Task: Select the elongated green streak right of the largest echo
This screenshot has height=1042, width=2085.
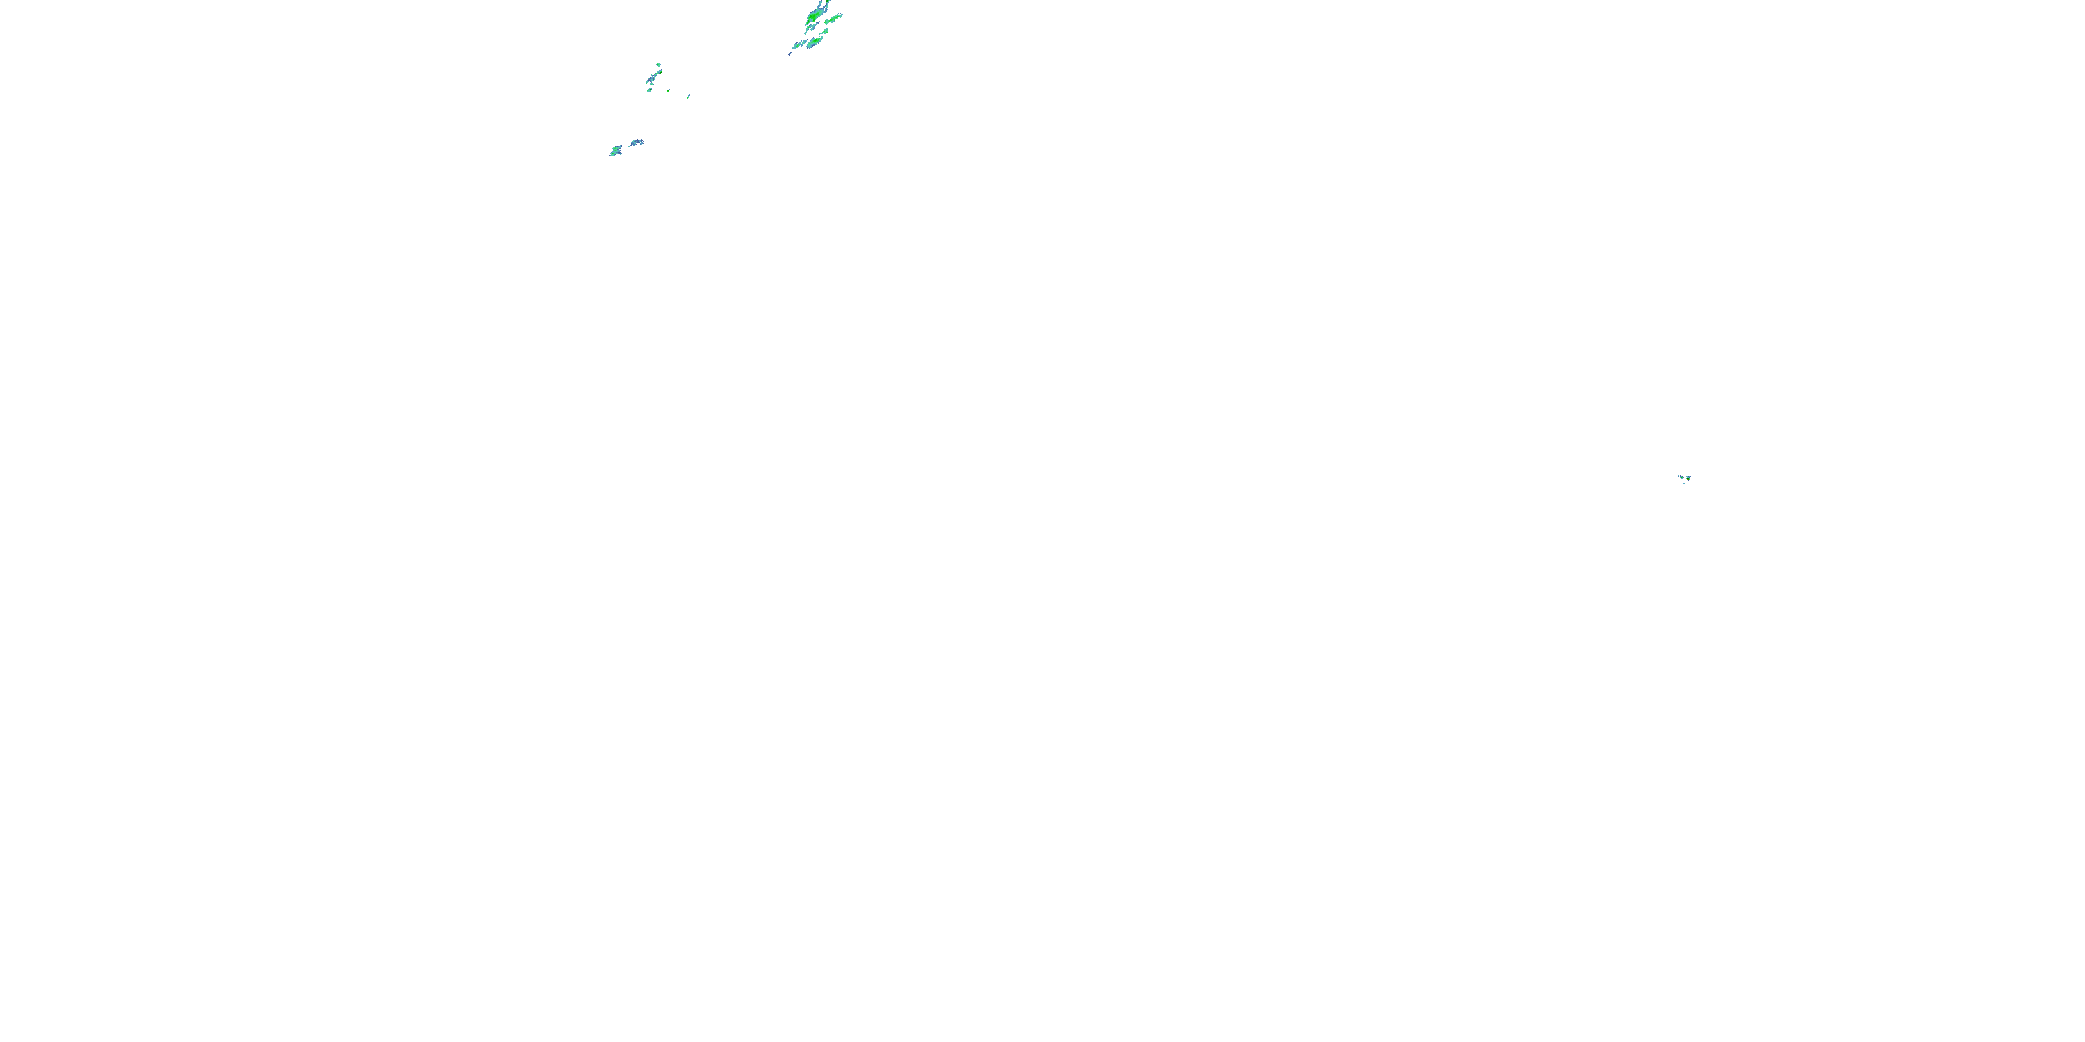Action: click(834, 19)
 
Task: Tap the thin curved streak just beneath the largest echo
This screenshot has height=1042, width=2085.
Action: click(810, 28)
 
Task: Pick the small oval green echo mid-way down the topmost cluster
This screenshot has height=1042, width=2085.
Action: click(825, 31)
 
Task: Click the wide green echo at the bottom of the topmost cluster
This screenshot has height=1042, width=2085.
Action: click(815, 42)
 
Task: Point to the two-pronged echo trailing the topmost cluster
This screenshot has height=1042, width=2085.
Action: click(799, 44)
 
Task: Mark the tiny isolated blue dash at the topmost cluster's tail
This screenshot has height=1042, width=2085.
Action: click(790, 54)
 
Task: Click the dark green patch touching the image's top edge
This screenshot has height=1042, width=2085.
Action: click(827, 1)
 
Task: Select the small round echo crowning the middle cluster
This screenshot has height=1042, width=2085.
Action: click(659, 65)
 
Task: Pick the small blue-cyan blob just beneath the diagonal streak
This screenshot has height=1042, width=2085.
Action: click(653, 85)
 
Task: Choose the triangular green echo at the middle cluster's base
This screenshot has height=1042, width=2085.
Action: click(650, 90)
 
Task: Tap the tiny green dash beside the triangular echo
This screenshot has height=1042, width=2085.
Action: click(669, 92)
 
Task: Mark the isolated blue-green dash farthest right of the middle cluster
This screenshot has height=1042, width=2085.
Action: click(689, 97)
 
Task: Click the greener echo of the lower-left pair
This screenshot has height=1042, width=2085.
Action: click(616, 151)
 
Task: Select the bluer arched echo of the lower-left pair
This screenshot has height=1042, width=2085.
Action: click(638, 142)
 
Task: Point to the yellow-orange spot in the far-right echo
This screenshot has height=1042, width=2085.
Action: click(1688, 480)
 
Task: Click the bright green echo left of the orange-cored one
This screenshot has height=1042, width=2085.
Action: click(1681, 477)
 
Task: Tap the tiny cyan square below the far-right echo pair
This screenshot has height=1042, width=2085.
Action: click(1685, 483)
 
